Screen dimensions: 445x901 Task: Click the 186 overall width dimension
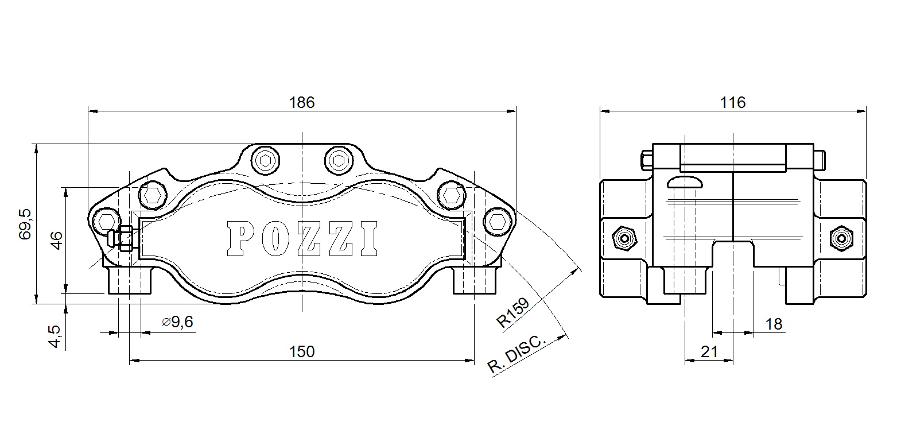pyautogui.click(x=302, y=102)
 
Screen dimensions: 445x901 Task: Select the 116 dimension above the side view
pyautogui.click(x=733, y=102)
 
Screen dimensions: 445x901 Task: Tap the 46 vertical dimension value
pyautogui.click(x=56, y=239)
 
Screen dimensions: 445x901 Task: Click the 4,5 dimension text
pyautogui.click(x=55, y=336)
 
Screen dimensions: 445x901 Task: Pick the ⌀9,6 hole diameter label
pyautogui.click(x=177, y=322)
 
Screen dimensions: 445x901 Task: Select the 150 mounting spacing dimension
pyautogui.click(x=302, y=351)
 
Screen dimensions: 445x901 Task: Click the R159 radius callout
pyautogui.click(x=512, y=312)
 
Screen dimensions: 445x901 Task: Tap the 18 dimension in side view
pyautogui.click(x=774, y=324)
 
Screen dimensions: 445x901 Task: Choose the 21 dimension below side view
pyautogui.click(x=709, y=351)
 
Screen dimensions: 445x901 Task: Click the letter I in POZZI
pyautogui.click(x=368, y=238)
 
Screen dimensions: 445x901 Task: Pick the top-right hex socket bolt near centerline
pyautogui.click(x=337, y=160)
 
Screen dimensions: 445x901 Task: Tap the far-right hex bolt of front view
pyautogui.click(x=496, y=222)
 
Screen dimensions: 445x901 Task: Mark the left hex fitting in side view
pyautogui.click(x=623, y=237)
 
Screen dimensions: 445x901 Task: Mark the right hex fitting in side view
pyautogui.click(x=842, y=237)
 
